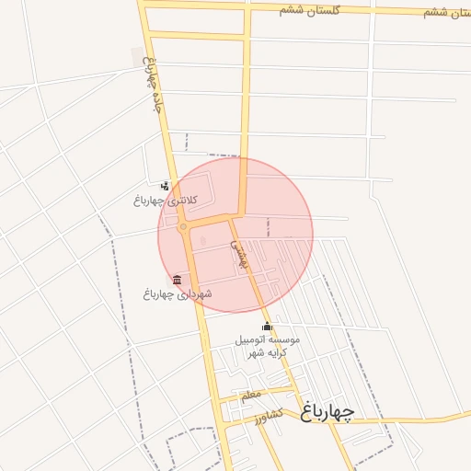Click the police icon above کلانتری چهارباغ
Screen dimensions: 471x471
pos(165,187)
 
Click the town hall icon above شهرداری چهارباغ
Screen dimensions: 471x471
pos(177,280)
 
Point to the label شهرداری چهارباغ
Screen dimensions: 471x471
pos(177,294)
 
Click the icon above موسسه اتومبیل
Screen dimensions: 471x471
pos(267,327)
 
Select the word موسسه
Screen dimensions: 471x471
pos(284,339)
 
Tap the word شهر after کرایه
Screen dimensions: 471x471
pos(259,352)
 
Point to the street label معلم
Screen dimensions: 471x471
pos(249,396)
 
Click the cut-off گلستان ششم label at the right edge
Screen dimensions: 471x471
pos(449,12)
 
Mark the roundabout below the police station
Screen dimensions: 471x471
pos(183,226)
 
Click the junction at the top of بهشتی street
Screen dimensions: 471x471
pos(230,218)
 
